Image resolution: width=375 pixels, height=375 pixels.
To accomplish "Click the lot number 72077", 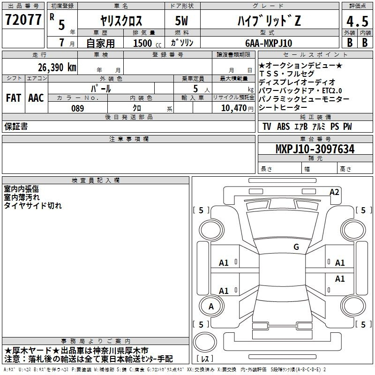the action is [23, 19].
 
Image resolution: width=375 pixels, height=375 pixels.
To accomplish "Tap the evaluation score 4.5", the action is [357, 21].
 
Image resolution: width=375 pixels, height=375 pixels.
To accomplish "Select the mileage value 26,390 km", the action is [57, 67].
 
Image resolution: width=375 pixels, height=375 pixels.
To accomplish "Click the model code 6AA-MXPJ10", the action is [269, 43].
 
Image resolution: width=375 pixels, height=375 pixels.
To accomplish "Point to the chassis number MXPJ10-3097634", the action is [315, 149].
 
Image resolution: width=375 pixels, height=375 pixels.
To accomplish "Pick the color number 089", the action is [78, 108].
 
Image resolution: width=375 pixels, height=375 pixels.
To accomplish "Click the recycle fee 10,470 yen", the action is [237, 108].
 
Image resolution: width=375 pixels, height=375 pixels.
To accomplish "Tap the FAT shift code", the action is [14, 98].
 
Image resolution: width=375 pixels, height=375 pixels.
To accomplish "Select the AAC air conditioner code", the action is [36, 98].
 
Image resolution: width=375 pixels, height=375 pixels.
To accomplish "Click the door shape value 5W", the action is [181, 21].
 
